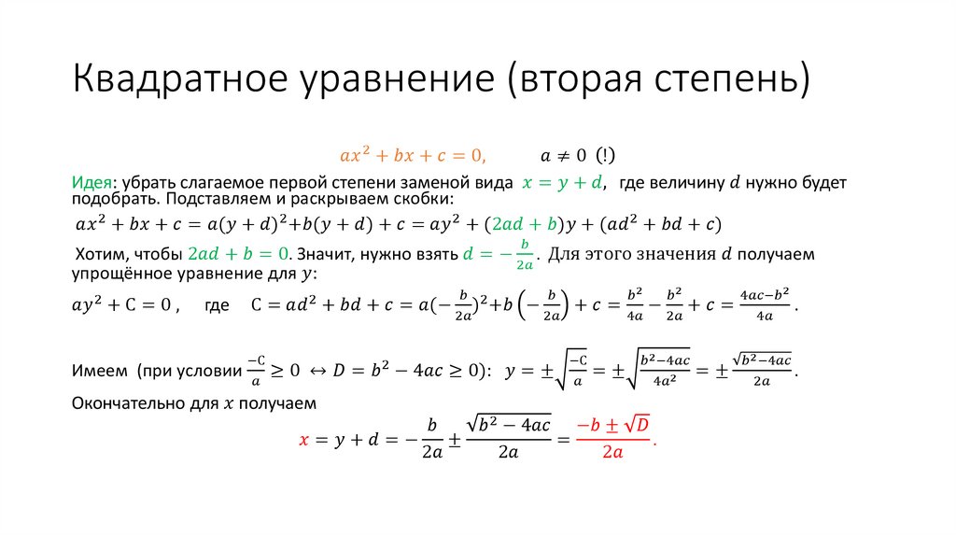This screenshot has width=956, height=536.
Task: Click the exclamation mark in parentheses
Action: (605, 155)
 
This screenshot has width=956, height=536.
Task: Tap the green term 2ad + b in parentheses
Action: (524, 225)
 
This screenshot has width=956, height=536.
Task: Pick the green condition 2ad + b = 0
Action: (241, 254)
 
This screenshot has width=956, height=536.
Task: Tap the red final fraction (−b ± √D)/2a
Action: (612, 437)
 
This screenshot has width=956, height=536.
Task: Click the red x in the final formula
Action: (302, 437)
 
